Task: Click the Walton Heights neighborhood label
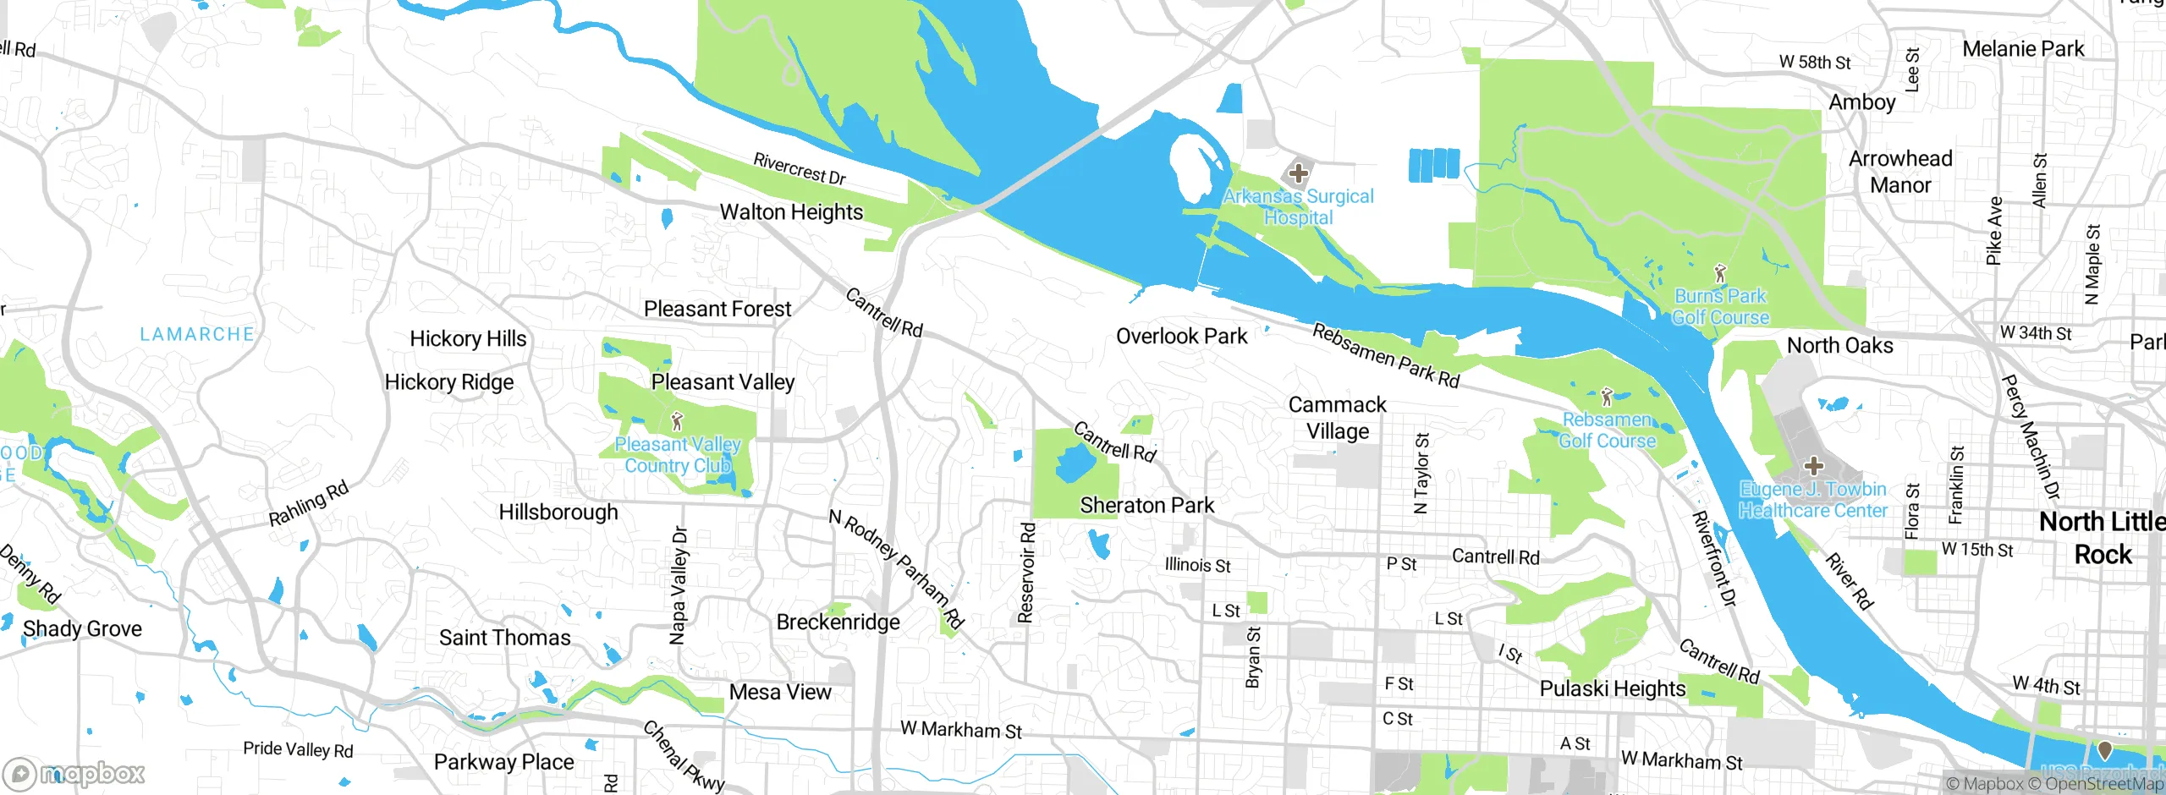point(791,211)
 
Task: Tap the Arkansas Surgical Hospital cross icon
point(1298,174)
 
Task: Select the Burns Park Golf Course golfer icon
point(1719,274)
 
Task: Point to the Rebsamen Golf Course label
point(1607,430)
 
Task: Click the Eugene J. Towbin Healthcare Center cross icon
point(1813,466)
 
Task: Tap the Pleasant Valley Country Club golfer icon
point(676,420)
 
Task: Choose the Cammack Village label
point(1337,418)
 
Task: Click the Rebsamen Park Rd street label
point(1386,356)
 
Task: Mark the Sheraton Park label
point(1146,505)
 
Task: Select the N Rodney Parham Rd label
point(897,569)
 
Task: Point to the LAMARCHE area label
point(196,334)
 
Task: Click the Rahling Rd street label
point(309,503)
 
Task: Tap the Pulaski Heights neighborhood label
point(1612,688)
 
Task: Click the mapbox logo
point(74,773)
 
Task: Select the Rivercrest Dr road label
point(800,168)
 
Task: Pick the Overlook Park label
point(1181,336)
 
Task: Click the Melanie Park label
point(2023,49)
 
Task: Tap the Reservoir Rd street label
point(1026,573)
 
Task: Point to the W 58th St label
point(1814,62)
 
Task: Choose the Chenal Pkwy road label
point(684,756)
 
